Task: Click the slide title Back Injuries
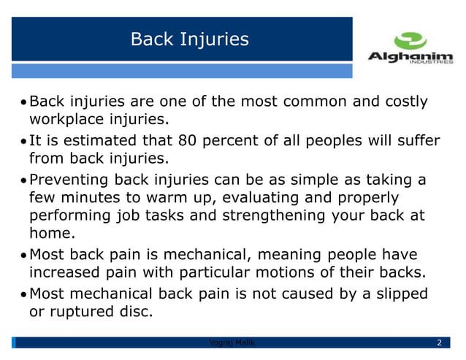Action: pos(189,39)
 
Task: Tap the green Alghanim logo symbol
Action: pos(409,40)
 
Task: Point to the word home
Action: pos(50,234)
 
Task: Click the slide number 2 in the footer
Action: pos(438,343)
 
